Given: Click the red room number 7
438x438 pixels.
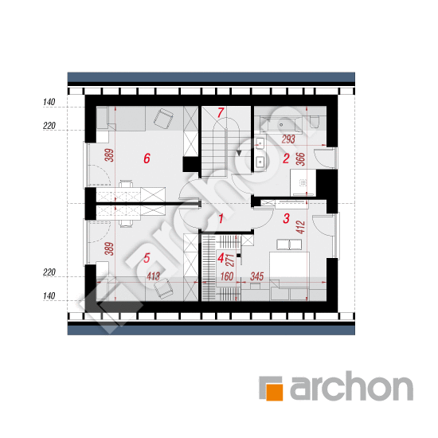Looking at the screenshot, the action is coord(221,113).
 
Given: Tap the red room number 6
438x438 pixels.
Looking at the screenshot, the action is coord(147,158).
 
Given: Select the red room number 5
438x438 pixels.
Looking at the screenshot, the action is coord(147,258).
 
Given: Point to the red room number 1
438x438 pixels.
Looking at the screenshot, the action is coord(221,219).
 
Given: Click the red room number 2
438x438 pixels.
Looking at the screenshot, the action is coord(286,158).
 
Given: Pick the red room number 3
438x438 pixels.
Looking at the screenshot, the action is coord(286,218).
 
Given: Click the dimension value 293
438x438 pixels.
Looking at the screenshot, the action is coord(288,139).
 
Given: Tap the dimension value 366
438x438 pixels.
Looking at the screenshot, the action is coord(300,159).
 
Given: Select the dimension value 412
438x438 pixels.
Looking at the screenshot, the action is coord(300,227).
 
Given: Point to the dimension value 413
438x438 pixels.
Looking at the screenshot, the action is coord(153,276).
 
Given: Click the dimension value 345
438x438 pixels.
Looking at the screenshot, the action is coord(256,276).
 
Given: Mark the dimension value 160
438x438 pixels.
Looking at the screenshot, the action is coord(226,276).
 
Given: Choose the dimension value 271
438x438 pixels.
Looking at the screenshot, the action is coord(230,260).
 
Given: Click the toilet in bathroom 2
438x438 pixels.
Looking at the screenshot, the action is coord(315,122).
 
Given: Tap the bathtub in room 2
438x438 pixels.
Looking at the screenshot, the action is coord(281,124).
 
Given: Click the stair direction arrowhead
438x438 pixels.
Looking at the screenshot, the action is coord(239,153).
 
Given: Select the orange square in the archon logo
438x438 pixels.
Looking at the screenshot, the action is coord(274,392).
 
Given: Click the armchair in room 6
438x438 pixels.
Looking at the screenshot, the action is coord(163,119).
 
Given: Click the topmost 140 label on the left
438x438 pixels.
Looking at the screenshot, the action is coord(49,102).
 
